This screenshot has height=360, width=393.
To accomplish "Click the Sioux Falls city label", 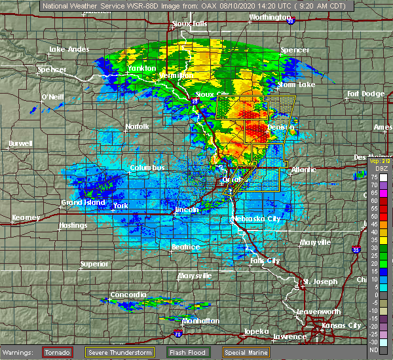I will coord(190,24).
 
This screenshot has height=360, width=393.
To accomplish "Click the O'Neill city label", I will coord(52,97).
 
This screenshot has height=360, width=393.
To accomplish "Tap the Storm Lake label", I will coord(296,84).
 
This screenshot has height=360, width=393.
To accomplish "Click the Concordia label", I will coord(128,295).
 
